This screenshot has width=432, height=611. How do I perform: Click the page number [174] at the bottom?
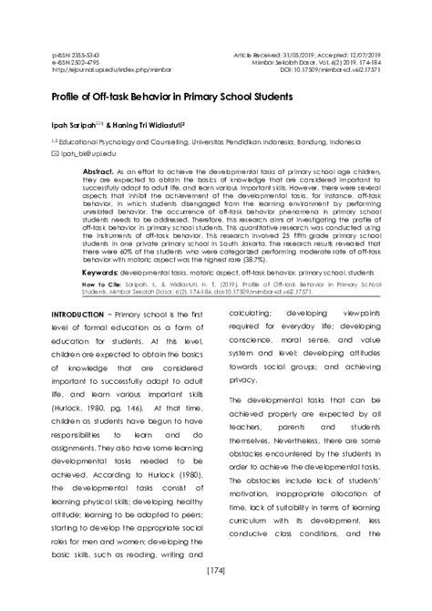point(217,595)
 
